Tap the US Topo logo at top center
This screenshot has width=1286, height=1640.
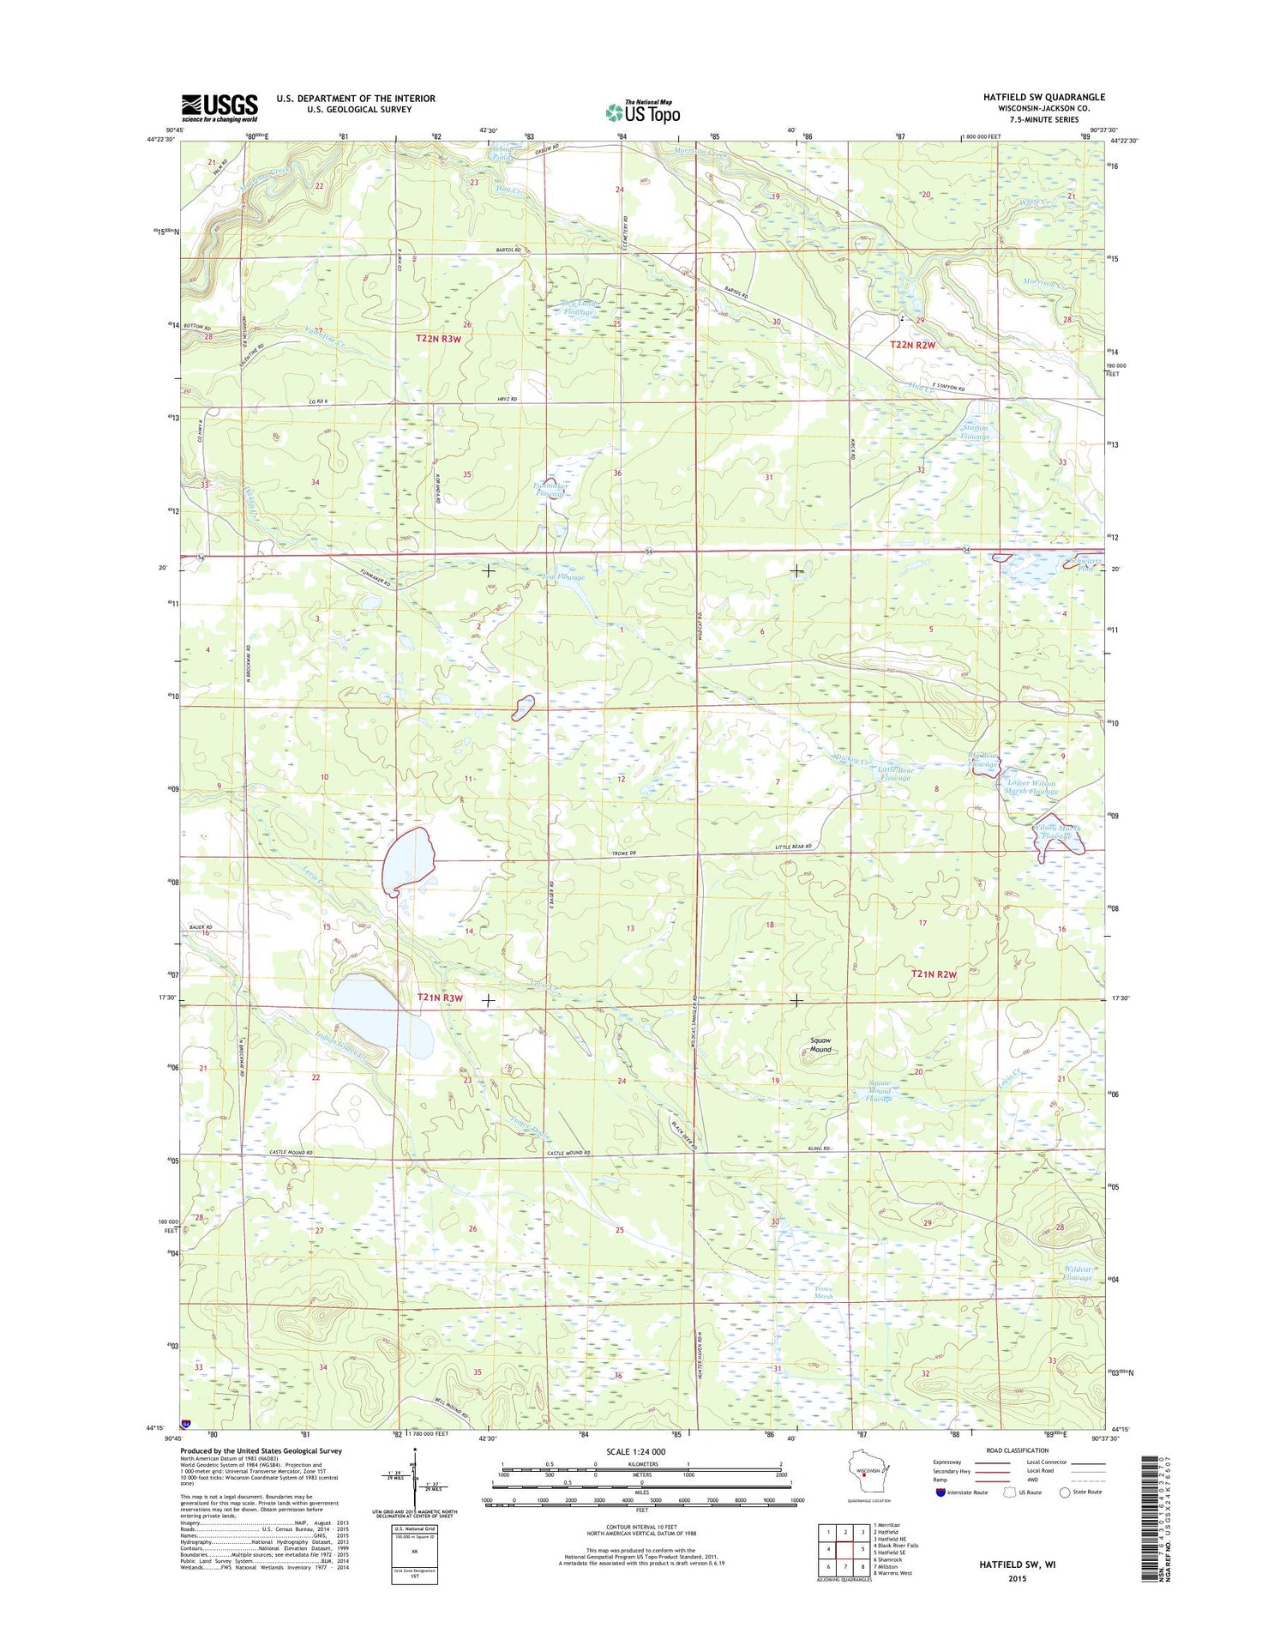[x=643, y=112]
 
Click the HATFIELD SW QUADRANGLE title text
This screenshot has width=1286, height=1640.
[x=1043, y=97]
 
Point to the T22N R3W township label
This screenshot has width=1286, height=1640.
[x=439, y=339]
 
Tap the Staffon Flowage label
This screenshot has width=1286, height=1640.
[x=975, y=431]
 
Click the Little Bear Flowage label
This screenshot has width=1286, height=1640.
[x=896, y=774]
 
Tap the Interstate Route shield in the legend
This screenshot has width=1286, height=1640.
[x=940, y=1492]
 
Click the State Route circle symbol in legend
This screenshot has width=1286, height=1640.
[x=1066, y=1492]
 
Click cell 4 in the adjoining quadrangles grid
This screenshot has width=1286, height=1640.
[x=829, y=1549]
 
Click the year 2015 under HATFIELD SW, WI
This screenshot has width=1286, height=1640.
[x=1017, y=1578]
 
